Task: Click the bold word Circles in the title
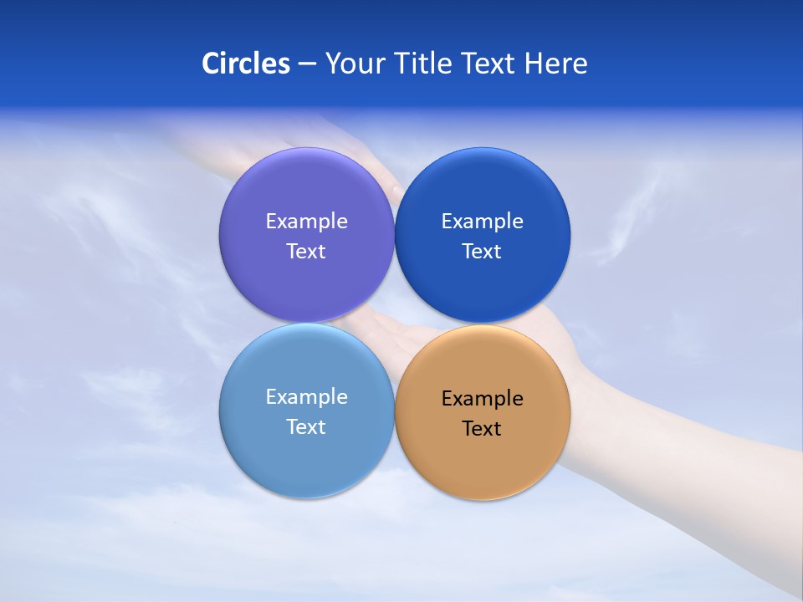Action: (245, 64)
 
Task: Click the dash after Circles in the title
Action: (307, 64)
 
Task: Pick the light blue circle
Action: (306, 460)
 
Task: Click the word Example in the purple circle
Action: (306, 222)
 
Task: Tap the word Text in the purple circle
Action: (306, 252)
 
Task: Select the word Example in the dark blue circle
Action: (483, 222)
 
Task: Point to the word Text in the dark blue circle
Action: (483, 252)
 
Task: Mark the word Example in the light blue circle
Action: (306, 397)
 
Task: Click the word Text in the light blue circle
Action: (306, 427)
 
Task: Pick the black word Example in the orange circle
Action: (483, 399)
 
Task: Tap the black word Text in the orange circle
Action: (483, 429)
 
